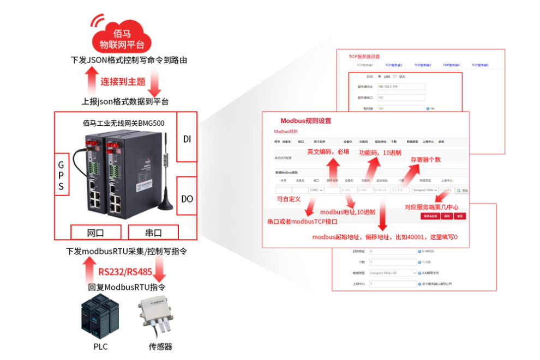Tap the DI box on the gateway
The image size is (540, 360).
point(187,139)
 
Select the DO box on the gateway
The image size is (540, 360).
point(187,199)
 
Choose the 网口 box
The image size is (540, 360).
point(95,233)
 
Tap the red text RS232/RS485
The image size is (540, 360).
point(125,271)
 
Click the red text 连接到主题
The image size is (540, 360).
point(123,82)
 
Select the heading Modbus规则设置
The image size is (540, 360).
point(305,121)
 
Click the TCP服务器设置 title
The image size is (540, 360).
point(364,56)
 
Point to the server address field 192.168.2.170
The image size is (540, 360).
point(401,87)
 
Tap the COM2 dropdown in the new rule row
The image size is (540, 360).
point(316,190)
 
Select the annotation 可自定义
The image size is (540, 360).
point(289,199)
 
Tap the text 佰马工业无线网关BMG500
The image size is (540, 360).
point(123,124)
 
